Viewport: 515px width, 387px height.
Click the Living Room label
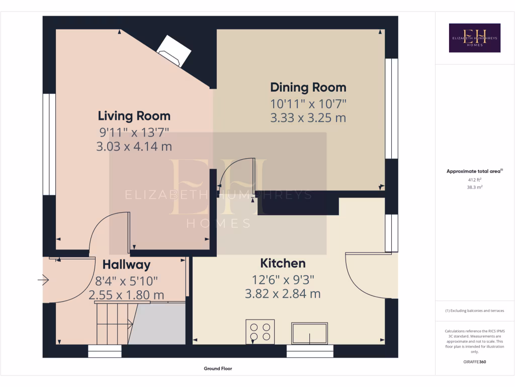pos(134,116)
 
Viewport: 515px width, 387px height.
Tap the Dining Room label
pos(308,87)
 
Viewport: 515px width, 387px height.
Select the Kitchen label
pos(283,263)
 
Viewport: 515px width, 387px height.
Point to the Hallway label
pos(126,265)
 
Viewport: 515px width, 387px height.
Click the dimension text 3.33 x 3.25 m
pos(308,118)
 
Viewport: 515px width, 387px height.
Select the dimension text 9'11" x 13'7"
pos(134,133)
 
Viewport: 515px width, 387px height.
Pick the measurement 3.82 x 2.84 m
pos(283,294)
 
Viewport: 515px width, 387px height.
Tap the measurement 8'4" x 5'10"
pos(126,281)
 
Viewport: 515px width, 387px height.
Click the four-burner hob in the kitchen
pos(260,332)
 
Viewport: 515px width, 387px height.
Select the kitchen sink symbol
pos(309,333)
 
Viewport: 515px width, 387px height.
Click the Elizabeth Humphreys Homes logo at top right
pos(474,38)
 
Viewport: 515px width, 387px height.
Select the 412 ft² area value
pos(474,179)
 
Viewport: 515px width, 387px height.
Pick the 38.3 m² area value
pos(474,186)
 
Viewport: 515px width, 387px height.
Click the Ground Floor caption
pos(218,368)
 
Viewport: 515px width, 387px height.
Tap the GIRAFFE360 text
pos(474,362)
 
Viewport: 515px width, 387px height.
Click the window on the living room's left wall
pos(49,144)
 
